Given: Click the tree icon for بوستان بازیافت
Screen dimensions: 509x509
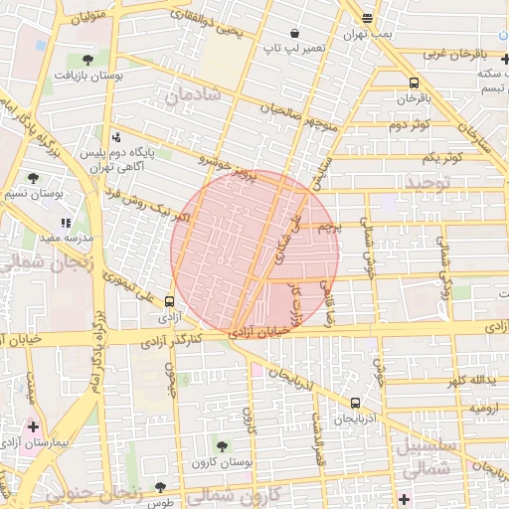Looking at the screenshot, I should [x=86, y=60].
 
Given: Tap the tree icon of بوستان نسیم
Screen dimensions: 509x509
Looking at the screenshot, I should [x=34, y=178].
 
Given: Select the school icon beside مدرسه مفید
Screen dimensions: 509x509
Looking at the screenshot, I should [x=66, y=224].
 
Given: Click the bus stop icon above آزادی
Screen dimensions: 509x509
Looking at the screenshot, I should [x=168, y=301].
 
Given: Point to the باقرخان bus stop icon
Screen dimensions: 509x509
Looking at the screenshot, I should [x=414, y=83].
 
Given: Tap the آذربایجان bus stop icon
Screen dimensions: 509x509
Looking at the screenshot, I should [x=355, y=403].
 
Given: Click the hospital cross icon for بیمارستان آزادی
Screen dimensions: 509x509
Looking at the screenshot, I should [x=33, y=425].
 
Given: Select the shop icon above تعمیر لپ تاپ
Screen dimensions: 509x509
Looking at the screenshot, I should [x=294, y=33].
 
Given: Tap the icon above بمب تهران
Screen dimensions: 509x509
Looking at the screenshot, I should [x=368, y=18].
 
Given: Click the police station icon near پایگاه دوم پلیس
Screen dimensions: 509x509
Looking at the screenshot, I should [x=118, y=137].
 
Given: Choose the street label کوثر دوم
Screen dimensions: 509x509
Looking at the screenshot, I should [x=408, y=124].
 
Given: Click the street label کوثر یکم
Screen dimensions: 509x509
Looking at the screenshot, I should [x=443, y=158].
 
